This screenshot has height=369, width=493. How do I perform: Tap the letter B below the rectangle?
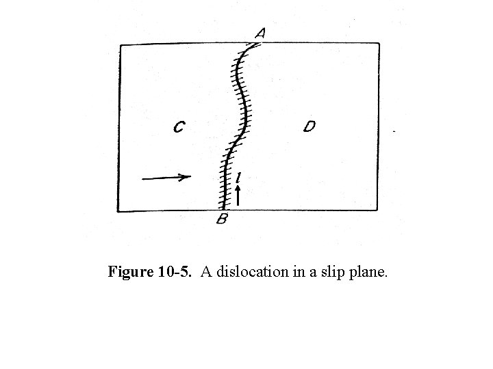(x=222, y=219)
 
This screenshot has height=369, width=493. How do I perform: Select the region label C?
(x=179, y=127)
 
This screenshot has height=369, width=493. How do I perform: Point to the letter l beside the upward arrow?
(x=237, y=178)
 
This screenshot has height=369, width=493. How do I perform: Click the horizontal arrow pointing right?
(x=166, y=178)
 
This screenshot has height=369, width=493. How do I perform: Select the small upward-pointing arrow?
(x=237, y=195)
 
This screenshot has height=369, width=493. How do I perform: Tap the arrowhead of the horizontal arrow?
(x=186, y=177)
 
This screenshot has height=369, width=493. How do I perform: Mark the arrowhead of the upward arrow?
(x=237, y=189)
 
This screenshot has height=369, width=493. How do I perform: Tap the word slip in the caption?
(x=331, y=273)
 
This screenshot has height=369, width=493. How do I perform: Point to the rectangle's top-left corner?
(x=121, y=46)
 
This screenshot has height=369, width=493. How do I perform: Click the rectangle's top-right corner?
(x=379, y=44)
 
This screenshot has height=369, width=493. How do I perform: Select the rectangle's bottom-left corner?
(x=118, y=210)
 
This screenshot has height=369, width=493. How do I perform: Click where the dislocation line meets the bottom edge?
(x=223, y=210)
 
